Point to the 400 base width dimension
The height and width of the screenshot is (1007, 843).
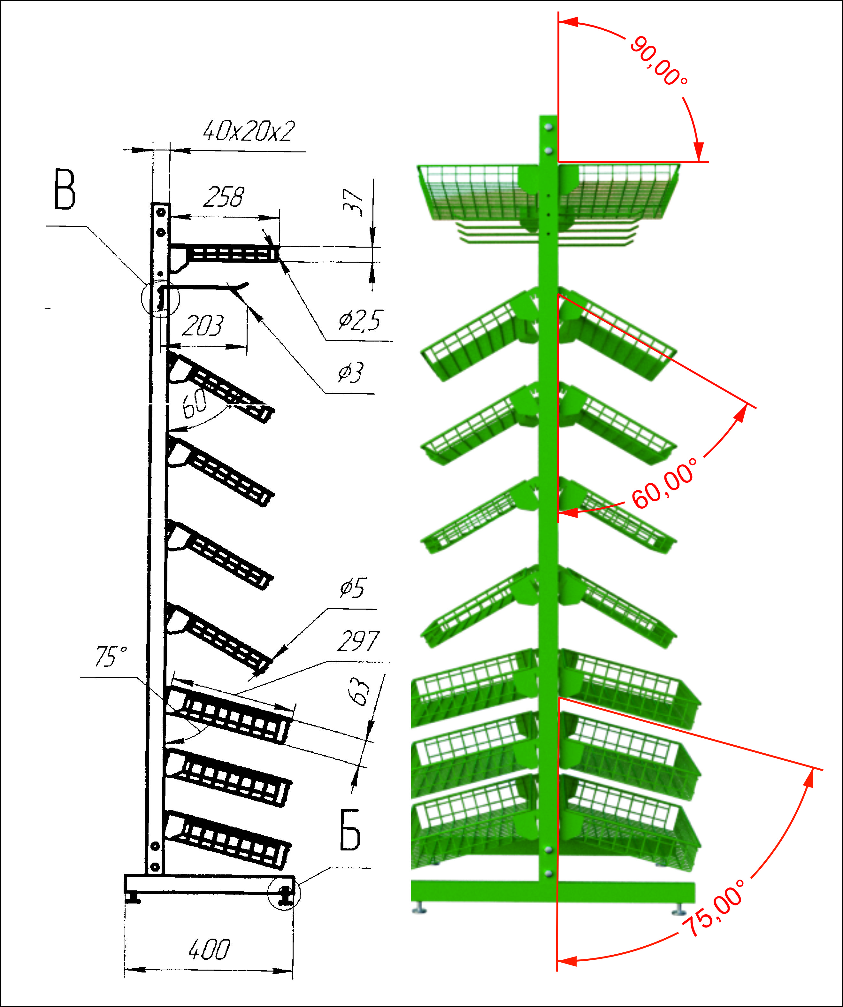pyautogui.click(x=209, y=949)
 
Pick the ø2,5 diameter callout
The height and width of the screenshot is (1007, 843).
pyautogui.click(x=360, y=320)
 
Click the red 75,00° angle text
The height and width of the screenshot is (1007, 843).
pyautogui.click(x=715, y=908)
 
